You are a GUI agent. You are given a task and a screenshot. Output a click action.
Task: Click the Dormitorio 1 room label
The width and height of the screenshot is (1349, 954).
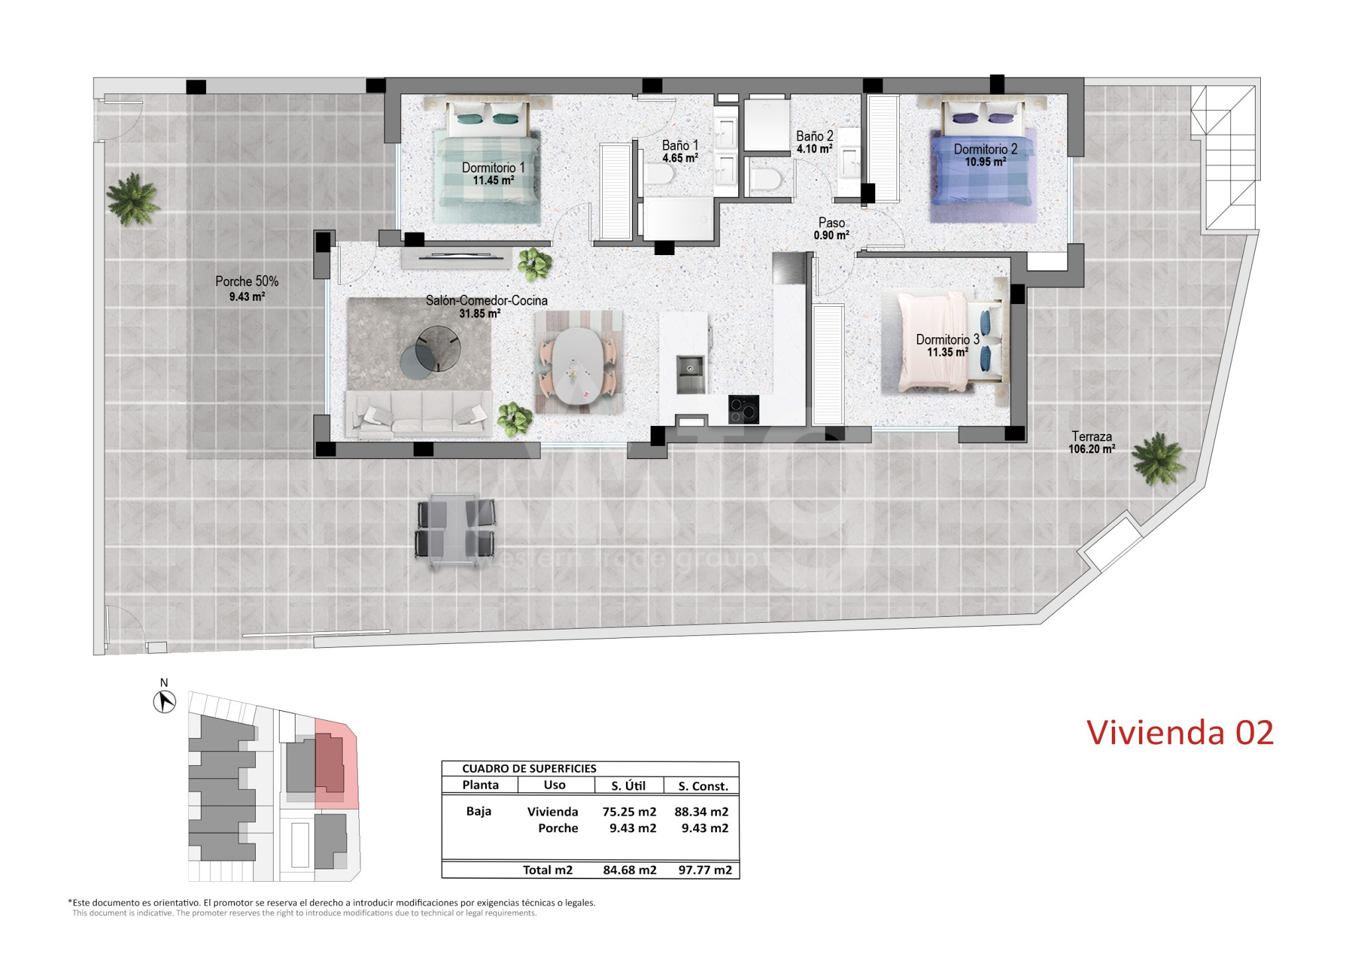tap(493, 168)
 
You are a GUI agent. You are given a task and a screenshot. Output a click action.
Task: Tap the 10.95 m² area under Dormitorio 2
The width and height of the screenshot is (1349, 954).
tap(985, 162)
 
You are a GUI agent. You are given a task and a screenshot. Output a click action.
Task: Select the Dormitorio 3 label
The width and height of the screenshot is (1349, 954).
tap(947, 339)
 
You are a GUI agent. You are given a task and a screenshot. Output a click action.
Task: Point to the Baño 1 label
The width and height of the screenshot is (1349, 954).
tap(680, 145)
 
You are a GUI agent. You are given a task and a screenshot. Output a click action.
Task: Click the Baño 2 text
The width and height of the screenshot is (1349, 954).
tap(814, 136)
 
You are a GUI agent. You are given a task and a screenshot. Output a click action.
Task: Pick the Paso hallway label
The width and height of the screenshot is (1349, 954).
tap(832, 223)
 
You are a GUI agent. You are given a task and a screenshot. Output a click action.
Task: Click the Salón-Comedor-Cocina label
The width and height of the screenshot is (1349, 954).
tap(486, 300)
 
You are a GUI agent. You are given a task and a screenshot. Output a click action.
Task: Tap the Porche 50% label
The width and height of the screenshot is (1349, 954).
tap(247, 282)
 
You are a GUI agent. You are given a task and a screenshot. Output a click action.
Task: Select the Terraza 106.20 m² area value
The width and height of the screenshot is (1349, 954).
tap(1091, 449)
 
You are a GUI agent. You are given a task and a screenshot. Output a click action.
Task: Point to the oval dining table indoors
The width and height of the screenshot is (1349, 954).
tap(578, 366)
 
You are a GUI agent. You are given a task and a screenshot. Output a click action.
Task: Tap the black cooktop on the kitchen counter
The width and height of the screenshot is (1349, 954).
tap(743, 409)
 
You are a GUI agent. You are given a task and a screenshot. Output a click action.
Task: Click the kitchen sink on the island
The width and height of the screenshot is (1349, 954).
tap(690, 374)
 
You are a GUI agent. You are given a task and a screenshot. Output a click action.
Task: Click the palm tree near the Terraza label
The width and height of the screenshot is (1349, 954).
tap(1158, 458)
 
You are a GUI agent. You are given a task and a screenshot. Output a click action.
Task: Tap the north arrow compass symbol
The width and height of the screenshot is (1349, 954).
tap(164, 702)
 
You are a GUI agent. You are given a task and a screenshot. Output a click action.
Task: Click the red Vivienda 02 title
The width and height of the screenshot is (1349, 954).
tap(1180, 733)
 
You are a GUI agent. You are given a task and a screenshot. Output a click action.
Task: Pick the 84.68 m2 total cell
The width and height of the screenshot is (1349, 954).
tap(629, 870)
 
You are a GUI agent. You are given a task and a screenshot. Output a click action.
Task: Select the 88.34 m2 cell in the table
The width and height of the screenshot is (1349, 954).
tap(701, 812)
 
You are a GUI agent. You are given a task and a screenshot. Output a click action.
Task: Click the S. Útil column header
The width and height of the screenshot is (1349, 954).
tap(628, 786)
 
